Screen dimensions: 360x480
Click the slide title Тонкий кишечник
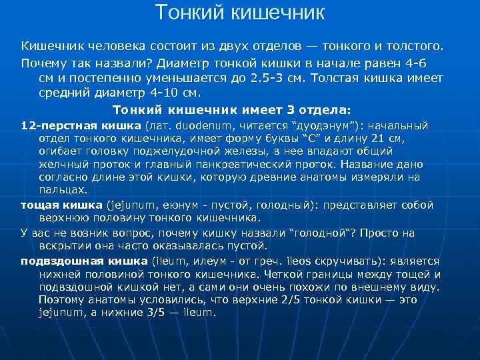click(240, 12)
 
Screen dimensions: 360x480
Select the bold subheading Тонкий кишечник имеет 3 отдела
click(231, 109)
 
